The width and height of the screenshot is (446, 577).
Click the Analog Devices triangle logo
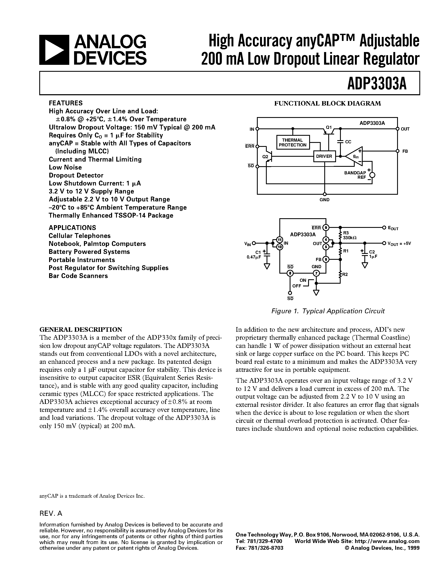(x=54, y=50)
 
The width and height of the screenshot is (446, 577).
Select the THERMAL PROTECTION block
(x=293, y=142)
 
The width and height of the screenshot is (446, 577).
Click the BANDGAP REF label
(x=355, y=175)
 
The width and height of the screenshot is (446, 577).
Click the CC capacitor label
(x=348, y=142)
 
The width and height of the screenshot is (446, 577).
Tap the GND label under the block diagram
(x=324, y=200)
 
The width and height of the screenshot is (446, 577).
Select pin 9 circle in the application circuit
(x=326, y=227)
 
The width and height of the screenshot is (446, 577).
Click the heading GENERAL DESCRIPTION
(x=81, y=329)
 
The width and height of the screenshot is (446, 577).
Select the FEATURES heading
(x=66, y=103)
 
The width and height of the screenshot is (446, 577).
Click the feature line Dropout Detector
(x=76, y=175)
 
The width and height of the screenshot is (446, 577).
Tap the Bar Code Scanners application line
(x=78, y=276)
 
